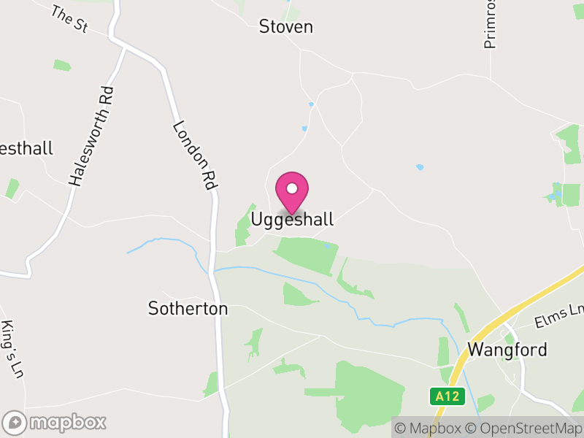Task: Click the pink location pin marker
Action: click(292, 192)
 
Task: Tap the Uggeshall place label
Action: click(292, 219)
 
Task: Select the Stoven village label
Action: click(286, 27)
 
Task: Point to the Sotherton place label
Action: click(188, 309)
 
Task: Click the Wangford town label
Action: click(507, 350)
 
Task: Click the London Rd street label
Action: click(196, 155)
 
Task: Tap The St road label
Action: click(69, 18)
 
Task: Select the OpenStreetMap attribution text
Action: click(525, 428)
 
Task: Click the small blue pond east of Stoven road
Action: click(419, 167)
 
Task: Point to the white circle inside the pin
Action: click(292, 188)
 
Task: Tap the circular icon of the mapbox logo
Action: click(15, 422)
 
